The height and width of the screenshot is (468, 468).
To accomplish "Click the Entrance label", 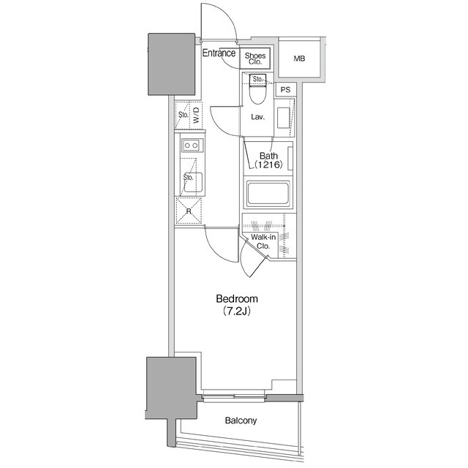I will pyautogui.click(x=219, y=53).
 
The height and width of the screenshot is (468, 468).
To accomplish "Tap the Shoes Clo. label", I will pyautogui.click(x=255, y=58).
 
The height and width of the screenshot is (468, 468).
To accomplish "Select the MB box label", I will pyautogui.click(x=300, y=58).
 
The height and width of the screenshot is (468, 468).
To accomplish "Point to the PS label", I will pyautogui.click(x=285, y=90).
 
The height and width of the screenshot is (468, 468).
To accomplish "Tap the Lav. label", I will pyautogui.click(x=257, y=117).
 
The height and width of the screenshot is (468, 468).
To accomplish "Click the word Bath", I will pyautogui.click(x=268, y=156).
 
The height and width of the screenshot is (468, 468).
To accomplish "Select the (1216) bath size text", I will pyautogui.click(x=268, y=166).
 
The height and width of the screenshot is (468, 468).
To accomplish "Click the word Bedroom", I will pyautogui.click(x=236, y=299).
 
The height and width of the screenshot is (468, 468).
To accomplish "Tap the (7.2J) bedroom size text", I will pyautogui.click(x=236, y=311).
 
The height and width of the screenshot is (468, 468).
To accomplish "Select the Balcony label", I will pyautogui.click(x=241, y=421).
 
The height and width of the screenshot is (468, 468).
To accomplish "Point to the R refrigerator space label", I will pyautogui.click(x=189, y=211).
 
